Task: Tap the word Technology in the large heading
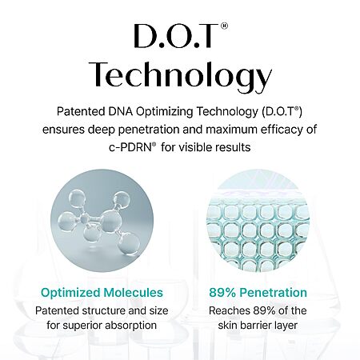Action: click(x=180, y=74)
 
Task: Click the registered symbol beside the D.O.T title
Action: click(x=224, y=26)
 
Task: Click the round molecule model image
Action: click(x=102, y=220)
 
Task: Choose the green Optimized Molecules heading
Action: click(x=102, y=293)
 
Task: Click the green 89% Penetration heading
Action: click(x=258, y=293)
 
